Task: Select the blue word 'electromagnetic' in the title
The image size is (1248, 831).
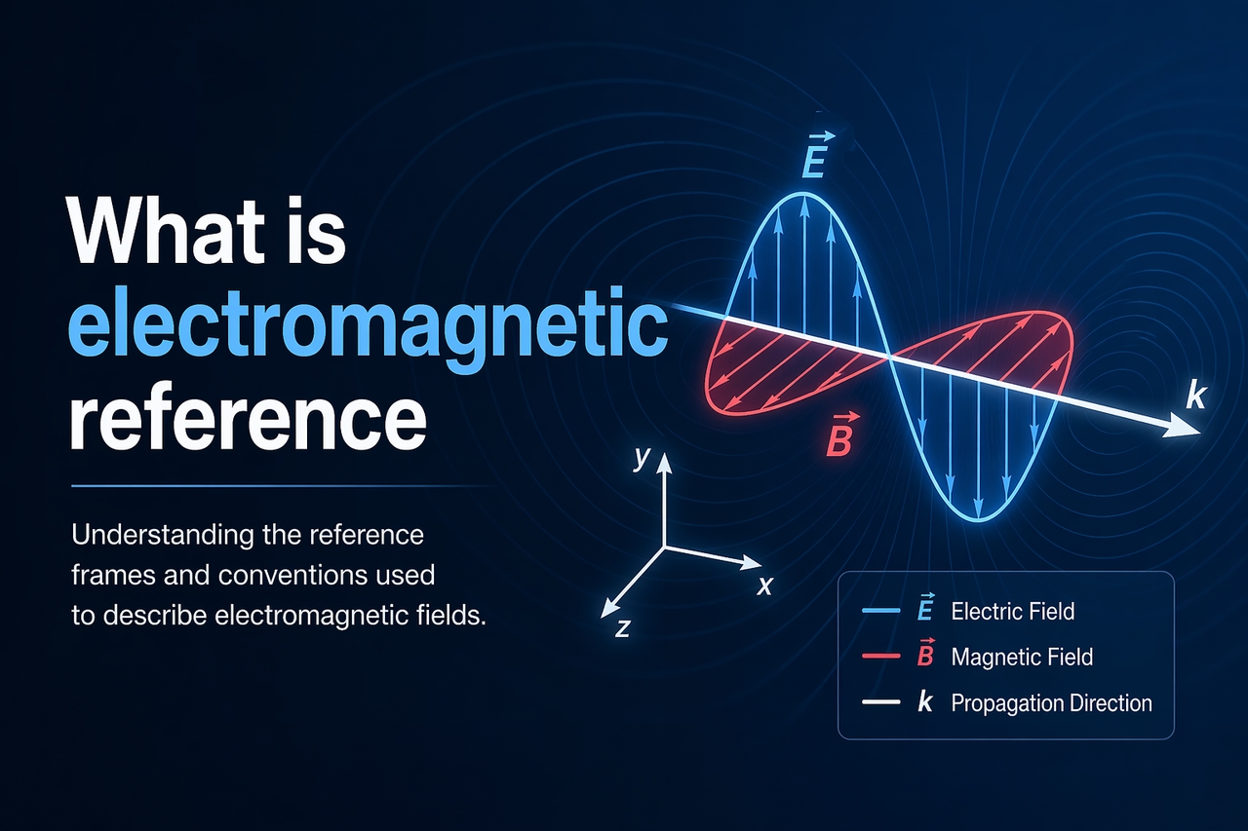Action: pyautogui.click(x=369, y=329)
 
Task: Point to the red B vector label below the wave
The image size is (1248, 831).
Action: pyautogui.click(x=842, y=434)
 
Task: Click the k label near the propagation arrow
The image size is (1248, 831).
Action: pyautogui.click(x=1195, y=396)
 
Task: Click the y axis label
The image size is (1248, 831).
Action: pyautogui.click(x=643, y=458)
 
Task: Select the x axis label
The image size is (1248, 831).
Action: pyautogui.click(x=765, y=585)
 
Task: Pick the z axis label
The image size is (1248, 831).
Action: pyautogui.click(x=622, y=627)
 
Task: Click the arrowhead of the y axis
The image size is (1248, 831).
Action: pyautogui.click(x=664, y=462)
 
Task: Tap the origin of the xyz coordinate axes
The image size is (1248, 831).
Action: pyautogui.click(x=664, y=547)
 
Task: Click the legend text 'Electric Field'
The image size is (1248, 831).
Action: pyautogui.click(x=1012, y=611)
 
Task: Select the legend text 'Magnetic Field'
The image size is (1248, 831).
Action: pyautogui.click(x=1022, y=657)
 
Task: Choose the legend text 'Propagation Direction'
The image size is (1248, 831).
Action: pyautogui.click(x=1051, y=703)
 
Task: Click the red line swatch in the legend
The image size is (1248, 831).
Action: pyautogui.click(x=880, y=657)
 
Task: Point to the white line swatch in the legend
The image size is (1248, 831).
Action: pyautogui.click(x=880, y=701)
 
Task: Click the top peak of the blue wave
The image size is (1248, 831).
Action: pyautogui.click(x=804, y=194)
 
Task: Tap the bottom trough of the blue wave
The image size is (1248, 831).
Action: pyautogui.click(x=979, y=520)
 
